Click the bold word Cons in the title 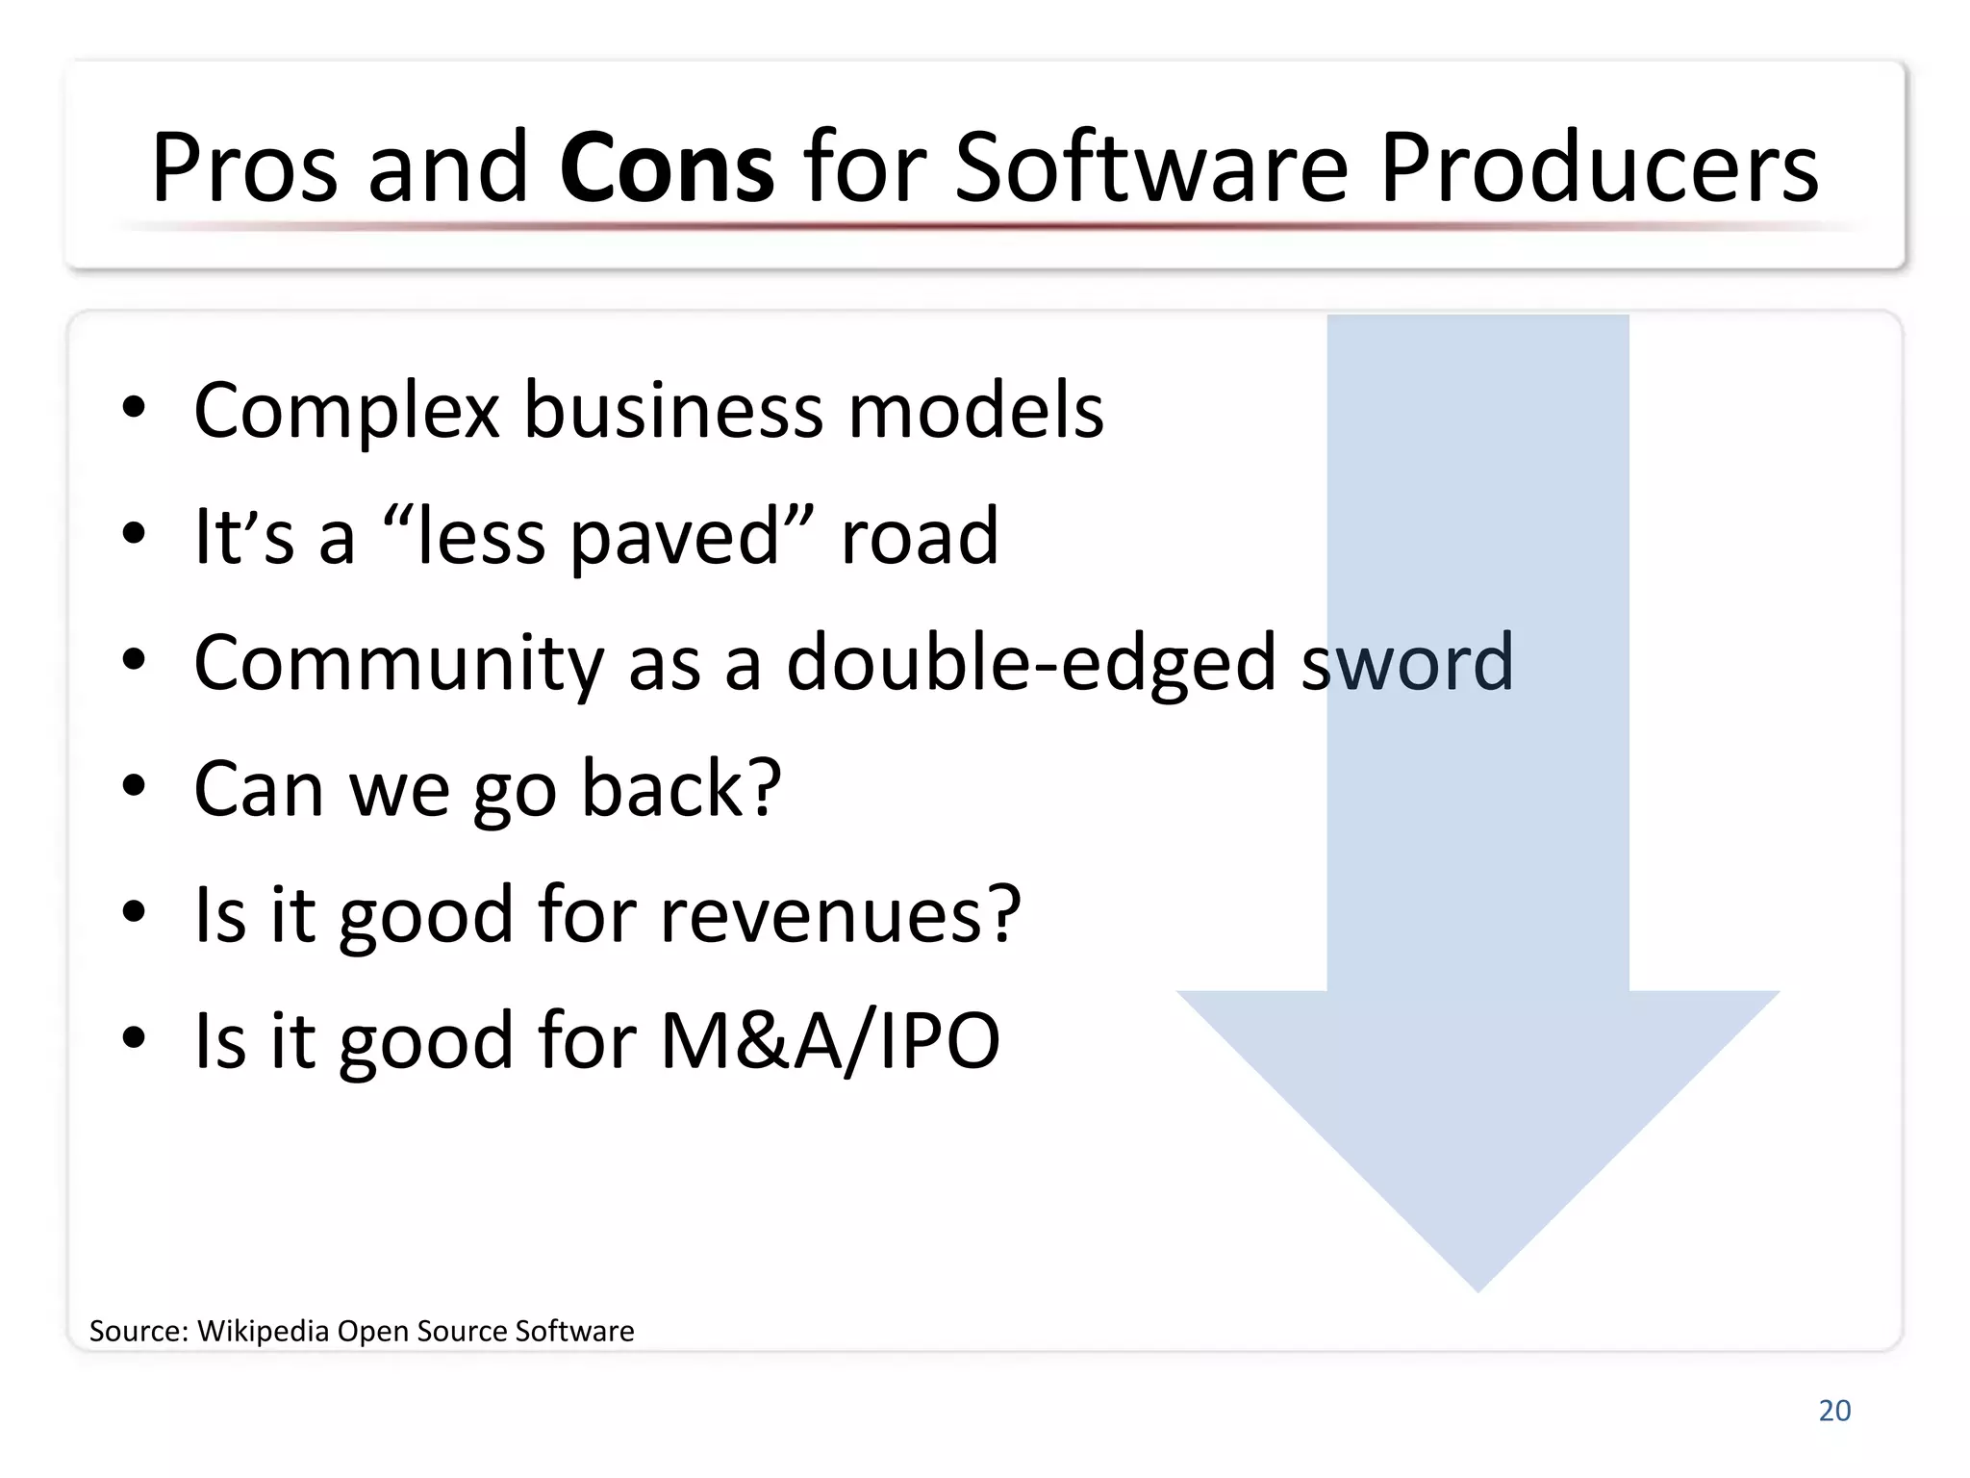tap(666, 168)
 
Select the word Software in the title tap(1151, 168)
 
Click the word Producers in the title tap(1599, 168)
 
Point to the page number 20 tap(1834, 1411)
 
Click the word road tap(920, 537)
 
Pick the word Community tap(398, 664)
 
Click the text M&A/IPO tap(829, 1040)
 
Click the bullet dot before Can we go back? tap(134, 786)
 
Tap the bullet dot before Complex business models tap(134, 408)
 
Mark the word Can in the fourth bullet tap(258, 788)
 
